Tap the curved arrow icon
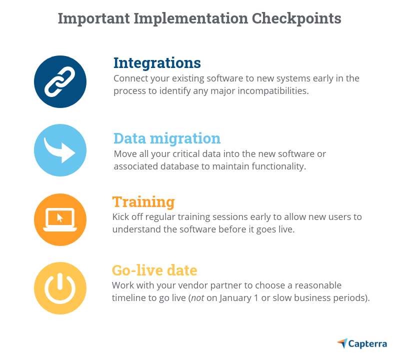tap(59, 150)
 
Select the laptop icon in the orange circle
tap(60, 219)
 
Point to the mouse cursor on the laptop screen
tap(60, 218)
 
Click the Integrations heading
tap(157, 63)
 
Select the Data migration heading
tap(167, 139)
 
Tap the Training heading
tap(143, 202)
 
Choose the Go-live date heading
tap(154, 270)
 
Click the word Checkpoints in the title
tap(296, 18)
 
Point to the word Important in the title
tap(94, 19)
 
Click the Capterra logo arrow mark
tap(342, 343)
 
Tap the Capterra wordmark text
tap(367, 344)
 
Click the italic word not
tap(197, 298)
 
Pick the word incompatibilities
tap(273, 91)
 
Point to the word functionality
tap(279, 166)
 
